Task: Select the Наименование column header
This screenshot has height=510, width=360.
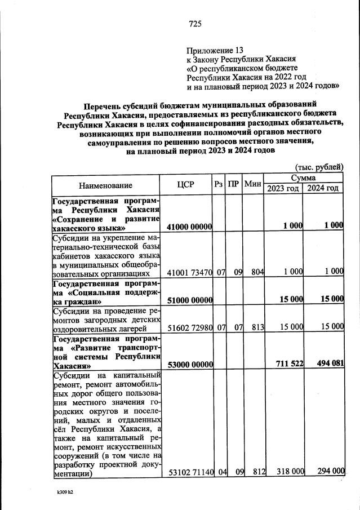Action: tap(105, 185)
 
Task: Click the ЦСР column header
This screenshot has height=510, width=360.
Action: tap(186, 185)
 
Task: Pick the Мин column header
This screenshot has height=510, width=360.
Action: tap(253, 185)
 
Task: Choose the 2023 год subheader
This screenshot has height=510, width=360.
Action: tap(284, 188)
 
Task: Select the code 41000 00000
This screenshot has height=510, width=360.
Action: tap(189, 226)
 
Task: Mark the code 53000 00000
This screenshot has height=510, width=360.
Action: tap(189, 363)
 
